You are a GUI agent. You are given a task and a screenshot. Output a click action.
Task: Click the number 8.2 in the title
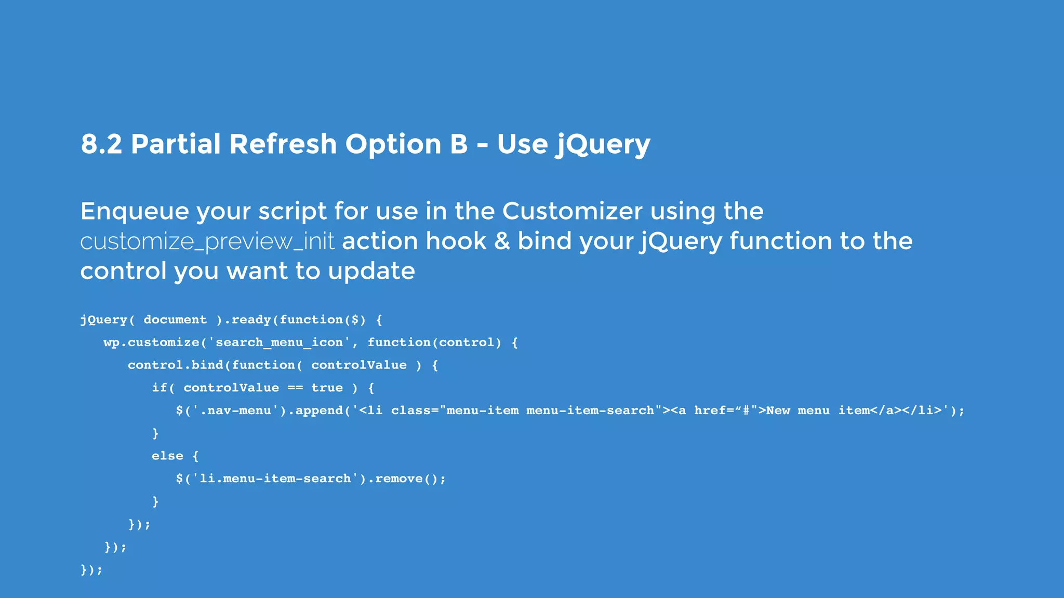click(101, 144)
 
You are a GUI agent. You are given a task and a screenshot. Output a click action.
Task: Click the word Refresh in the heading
click(283, 144)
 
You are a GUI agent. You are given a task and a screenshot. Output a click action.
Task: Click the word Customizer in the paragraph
click(572, 211)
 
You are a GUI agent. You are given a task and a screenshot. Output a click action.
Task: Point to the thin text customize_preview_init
click(207, 242)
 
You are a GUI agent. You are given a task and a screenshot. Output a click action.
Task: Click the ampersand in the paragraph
click(502, 241)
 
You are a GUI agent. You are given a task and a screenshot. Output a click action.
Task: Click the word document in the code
click(175, 320)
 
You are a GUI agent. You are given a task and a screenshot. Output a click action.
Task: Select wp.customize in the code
click(152, 343)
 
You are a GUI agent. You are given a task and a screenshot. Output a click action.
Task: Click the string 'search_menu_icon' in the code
click(280, 343)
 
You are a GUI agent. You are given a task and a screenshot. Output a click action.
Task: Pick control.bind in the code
click(176, 365)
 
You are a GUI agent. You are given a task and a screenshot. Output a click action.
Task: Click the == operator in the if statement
click(295, 388)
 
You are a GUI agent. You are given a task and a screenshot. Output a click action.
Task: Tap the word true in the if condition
click(327, 388)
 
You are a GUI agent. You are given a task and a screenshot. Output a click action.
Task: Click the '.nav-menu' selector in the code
click(239, 411)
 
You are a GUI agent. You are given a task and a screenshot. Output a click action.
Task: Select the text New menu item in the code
click(818, 411)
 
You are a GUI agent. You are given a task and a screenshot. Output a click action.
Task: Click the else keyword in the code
click(167, 456)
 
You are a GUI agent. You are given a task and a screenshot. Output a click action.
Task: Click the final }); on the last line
click(91, 570)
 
